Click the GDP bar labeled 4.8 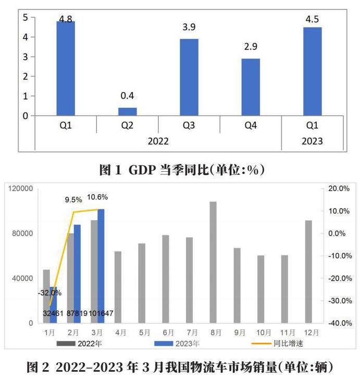66,68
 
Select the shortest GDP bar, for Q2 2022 128,111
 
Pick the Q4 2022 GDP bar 251,87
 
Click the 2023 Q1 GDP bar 312,71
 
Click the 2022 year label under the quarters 158,141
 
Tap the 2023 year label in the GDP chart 312,141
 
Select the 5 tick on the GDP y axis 25,17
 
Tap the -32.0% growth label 50,293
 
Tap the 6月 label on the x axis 166,332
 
